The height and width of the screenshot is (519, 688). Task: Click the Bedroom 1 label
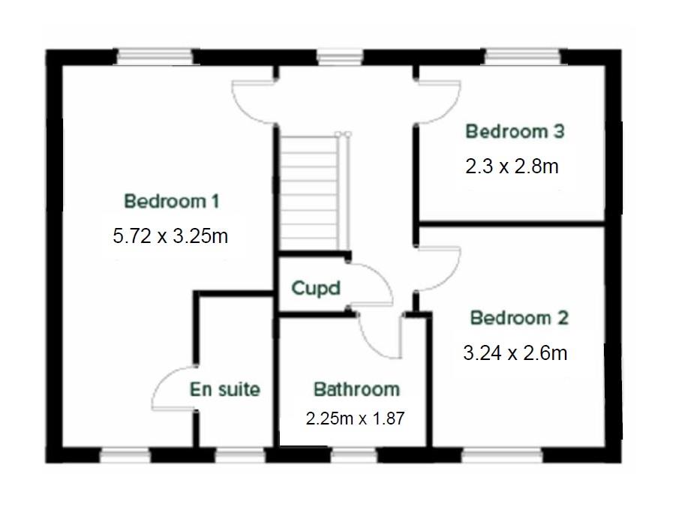(x=172, y=201)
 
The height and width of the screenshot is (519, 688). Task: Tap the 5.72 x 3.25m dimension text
(x=170, y=236)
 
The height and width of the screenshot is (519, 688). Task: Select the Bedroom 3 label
(x=515, y=131)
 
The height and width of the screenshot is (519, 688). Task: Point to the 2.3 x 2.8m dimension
(x=512, y=166)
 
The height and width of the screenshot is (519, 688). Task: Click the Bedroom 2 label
(x=519, y=318)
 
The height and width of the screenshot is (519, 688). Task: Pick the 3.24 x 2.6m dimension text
(x=515, y=352)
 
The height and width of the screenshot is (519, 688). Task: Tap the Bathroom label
(x=356, y=389)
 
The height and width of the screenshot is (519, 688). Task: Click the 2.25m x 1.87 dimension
(x=355, y=418)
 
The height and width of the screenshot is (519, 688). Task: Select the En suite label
(x=224, y=389)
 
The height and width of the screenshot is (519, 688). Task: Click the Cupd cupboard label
(x=315, y=288)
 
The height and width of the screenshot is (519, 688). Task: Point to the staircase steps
(x=310, y=193)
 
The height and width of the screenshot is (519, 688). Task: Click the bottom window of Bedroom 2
(x=502, y=455)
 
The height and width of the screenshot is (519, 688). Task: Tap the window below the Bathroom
(x=353, y=455)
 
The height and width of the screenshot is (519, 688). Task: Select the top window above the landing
(x=340, y=58)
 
